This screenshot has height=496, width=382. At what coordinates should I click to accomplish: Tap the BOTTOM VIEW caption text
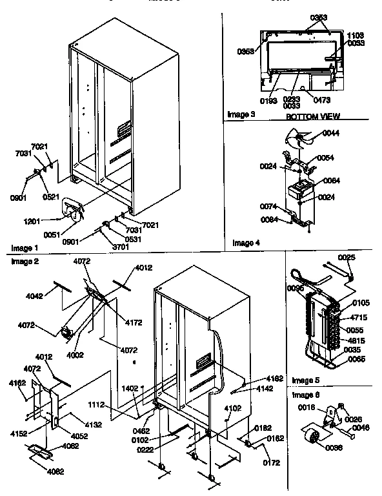[x=313, y=117]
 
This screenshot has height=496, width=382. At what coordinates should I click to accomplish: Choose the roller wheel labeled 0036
[x=314, y=440]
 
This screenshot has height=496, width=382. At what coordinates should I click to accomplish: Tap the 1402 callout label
[x=130, y=389]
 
